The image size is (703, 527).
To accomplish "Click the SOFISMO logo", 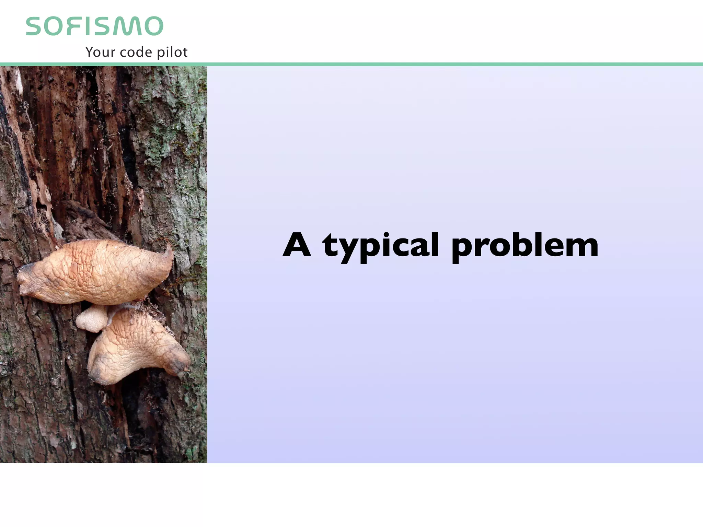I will point(94,26).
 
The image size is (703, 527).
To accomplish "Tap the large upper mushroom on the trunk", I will point(96,271).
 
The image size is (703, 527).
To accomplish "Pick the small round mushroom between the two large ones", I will point(91,319).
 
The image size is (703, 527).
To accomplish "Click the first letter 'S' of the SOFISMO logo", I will point(35,26).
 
